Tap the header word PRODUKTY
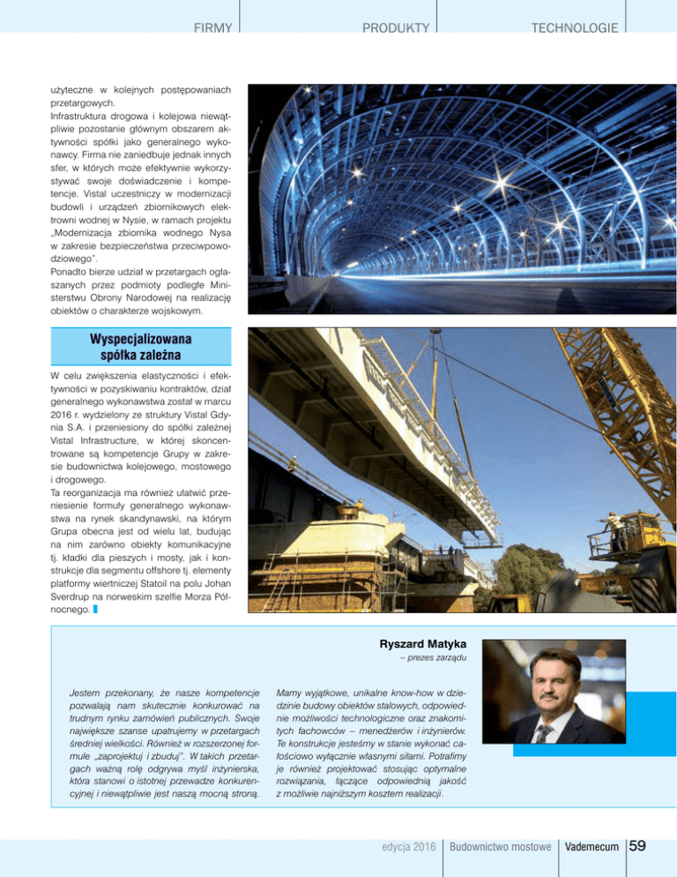(x=397, y=28)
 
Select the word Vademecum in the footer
(x=594, y=848)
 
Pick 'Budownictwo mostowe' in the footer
(x=500, y=848)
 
